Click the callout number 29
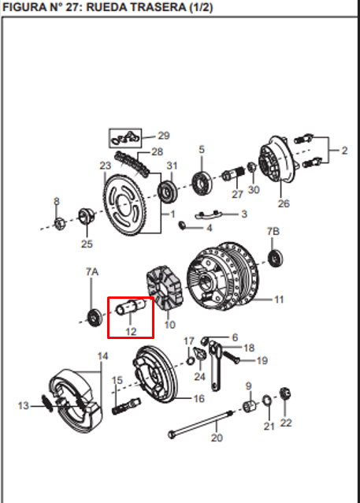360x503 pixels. click(163, 135)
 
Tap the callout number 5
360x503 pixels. click(202, 149)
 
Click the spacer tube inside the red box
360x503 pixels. click(130, 307)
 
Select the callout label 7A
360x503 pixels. click(92, 271)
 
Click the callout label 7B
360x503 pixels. click(273, 231)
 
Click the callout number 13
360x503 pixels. click(24, 405)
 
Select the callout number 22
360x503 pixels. click(286, 423)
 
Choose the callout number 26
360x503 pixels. click(284, 203)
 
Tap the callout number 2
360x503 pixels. click(343, 150)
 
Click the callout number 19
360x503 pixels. click(262, 361)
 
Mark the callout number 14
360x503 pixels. click(102, 356)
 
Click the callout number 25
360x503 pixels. click(87, 244)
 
